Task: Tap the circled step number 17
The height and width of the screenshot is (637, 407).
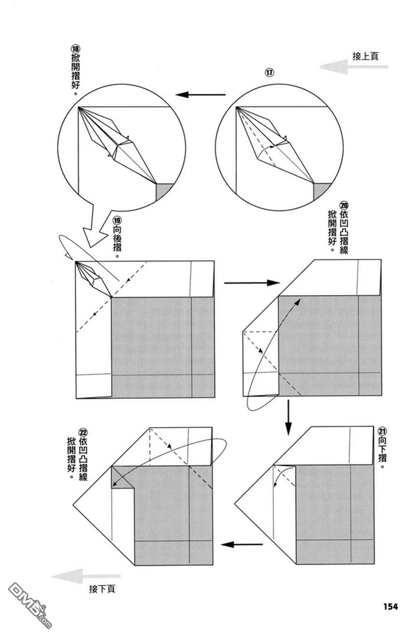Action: [269, 72]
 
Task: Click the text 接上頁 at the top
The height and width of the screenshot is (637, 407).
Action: [365, 56]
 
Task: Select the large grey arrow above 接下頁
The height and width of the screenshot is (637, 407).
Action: [86, 576]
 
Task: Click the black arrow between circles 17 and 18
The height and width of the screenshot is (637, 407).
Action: [201, 95]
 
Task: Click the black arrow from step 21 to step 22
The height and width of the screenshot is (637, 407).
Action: [242, 544]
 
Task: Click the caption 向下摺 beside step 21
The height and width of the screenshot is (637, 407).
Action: [382, 451]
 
